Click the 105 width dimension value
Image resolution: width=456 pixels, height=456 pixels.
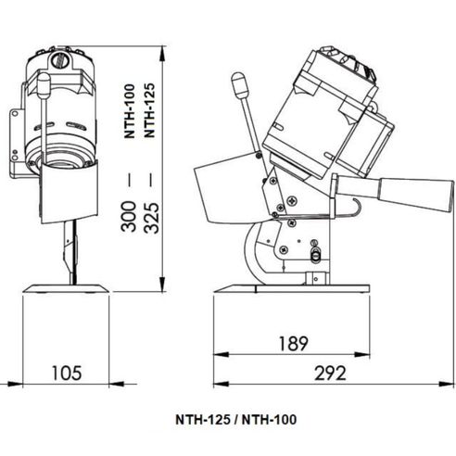(66, 373)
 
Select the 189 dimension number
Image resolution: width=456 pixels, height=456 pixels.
(292, 344)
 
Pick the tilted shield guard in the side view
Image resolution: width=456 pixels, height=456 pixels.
(222, 190)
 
